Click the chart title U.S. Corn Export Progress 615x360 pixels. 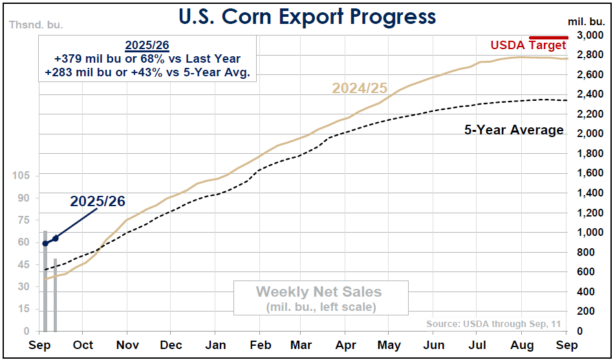point(307,17)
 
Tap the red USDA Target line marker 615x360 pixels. point(548,37)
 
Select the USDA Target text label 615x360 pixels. point(528,45)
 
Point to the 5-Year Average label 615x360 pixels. point(513,130)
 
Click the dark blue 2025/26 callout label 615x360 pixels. point(98,201)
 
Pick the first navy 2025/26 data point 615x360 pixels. point(45,244)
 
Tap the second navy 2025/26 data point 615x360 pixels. point(56,238)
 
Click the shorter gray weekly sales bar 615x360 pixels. point(56,295)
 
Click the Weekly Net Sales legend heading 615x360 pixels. point(319,292)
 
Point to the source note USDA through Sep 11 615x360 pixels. point(493,324)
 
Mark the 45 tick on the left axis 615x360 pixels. point(23,264)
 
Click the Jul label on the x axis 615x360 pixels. point(479,344)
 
